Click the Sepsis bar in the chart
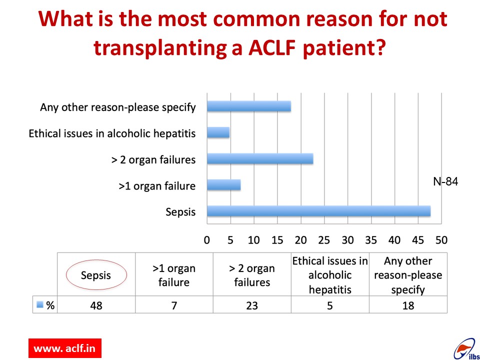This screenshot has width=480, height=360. pyautogui.click(x=318, y=211)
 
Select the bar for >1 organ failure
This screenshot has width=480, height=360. pyautogui.click(x=224, y=185)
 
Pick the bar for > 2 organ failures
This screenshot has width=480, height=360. pyautogui.click(x=260, y=159)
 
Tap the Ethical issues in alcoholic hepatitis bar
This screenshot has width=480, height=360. pyautogui.click(x=218, y=132)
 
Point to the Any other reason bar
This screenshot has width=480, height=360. pyautogui.click(x=249, y=106)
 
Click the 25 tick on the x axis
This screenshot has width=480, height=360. pyautogui.click(x=324, y=240)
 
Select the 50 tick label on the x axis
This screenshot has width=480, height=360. pyautogui.click(x=441, y=240)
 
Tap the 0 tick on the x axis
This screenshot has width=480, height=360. pyautogui.click(x=207, y=240)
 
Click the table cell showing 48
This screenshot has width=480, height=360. pyautogui.click(x=96, y=305)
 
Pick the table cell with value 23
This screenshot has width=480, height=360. pyautogui.click(x=252, y=305)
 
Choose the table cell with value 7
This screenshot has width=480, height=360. pyautogui.click(x=174, y=305)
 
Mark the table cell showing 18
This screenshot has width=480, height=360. pyautogui.click(x=408, y=305)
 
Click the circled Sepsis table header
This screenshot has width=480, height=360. pyautogui.click(x=96, y=275)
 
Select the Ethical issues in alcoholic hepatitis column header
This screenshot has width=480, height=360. pyautogui.click(x=330, y=275)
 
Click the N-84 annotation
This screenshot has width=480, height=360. pyautogui.click(x=445, y=181)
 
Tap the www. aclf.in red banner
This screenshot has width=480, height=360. pyautogui.click(x=65, y=348)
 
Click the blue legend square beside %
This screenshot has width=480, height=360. pyautogui.click(x=40, y=304)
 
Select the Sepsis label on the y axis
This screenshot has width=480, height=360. pyautogui.click(x=180, y=212)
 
